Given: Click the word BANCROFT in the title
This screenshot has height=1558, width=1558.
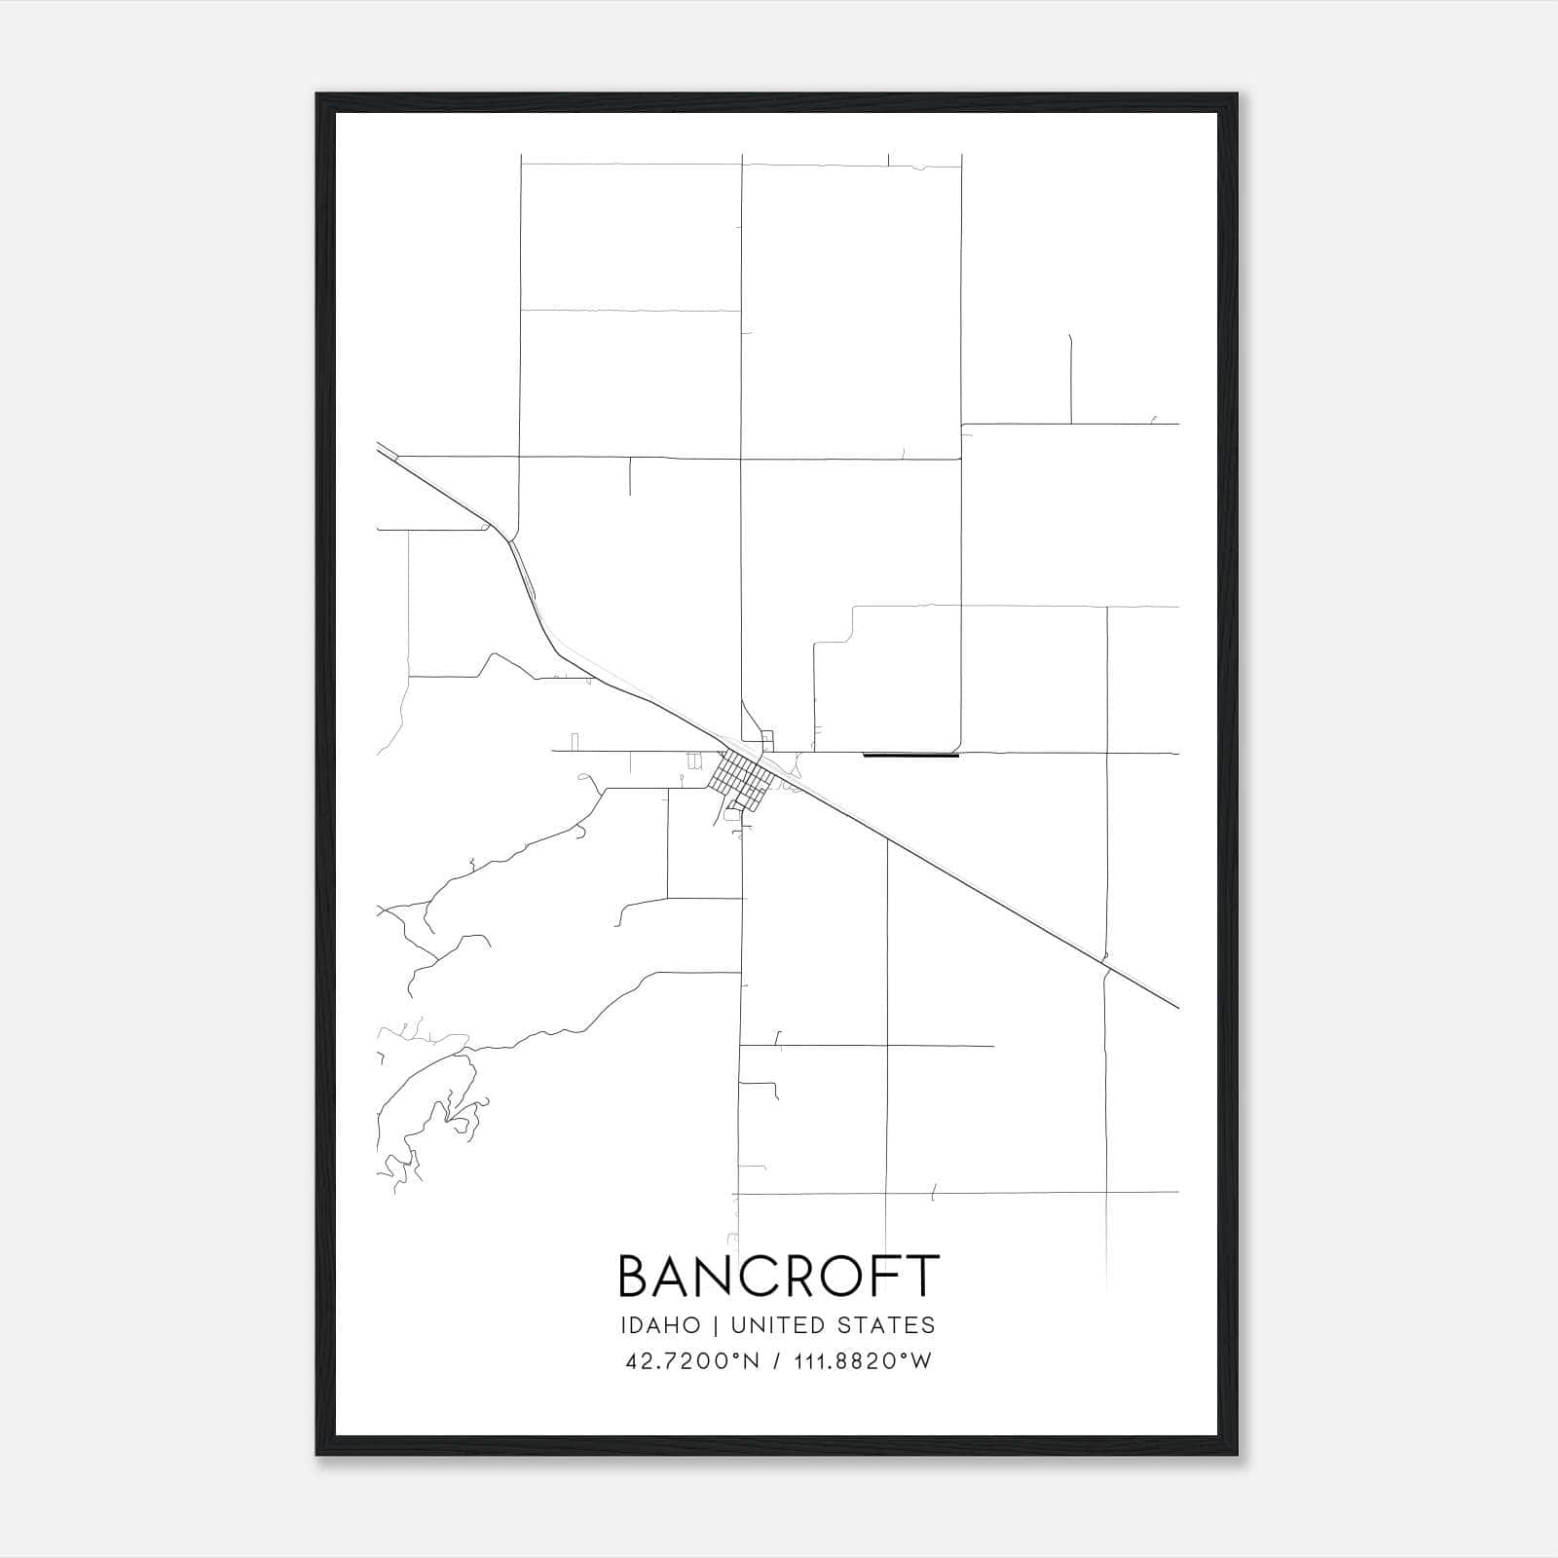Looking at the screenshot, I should point(779,1276).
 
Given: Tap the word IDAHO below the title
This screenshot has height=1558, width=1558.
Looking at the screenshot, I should point(659,1325).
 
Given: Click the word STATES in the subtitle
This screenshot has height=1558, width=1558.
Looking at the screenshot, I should point(886,1325).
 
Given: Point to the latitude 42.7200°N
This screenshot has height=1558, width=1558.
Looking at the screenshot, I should point(691,1361).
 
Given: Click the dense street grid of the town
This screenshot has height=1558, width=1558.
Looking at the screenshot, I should point(742,780).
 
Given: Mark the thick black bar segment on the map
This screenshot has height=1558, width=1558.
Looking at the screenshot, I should point(911,755).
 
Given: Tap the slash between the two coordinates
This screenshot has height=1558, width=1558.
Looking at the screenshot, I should point(775,1361).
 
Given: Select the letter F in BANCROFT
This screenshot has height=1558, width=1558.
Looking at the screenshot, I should point(886,1276).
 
